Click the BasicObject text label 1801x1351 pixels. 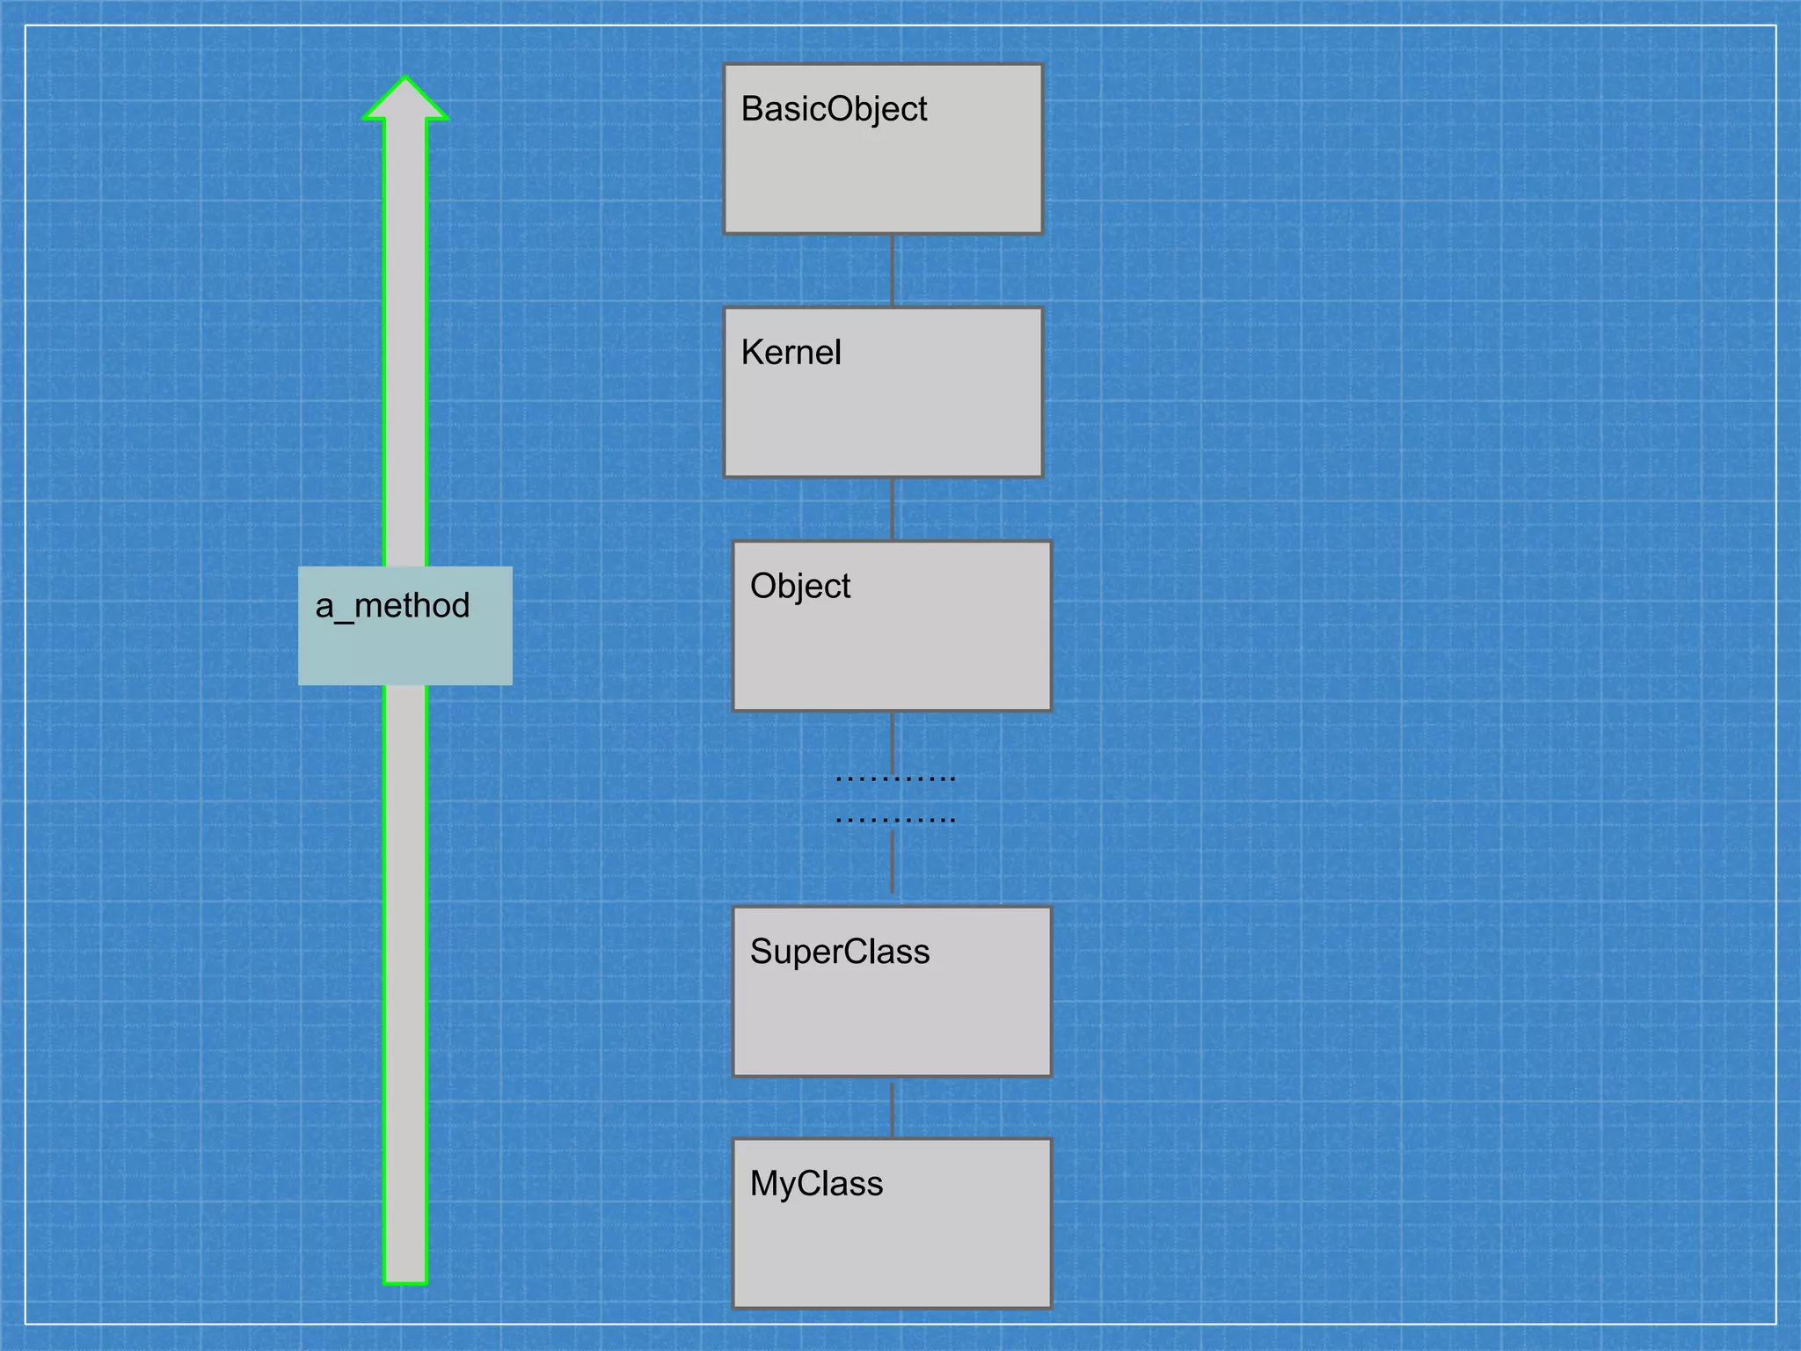(x=834, y=110)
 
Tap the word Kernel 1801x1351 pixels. (x=791, y=353)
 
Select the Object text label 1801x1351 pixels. (x=799, y=587)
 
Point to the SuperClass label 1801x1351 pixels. (x=839, y=953)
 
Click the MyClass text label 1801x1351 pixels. (x=815, y=1184)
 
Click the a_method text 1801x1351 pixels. (x=392, y=606)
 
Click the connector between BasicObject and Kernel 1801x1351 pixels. (x=893, y=271)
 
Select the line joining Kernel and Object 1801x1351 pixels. (x=893, y=509)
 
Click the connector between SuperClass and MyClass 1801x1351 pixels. (x=893, y=1109)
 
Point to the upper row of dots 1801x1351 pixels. (x=895, y=778)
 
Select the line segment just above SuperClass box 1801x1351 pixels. (x=893, y=863)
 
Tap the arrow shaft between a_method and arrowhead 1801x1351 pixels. (x=405, y=352)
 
